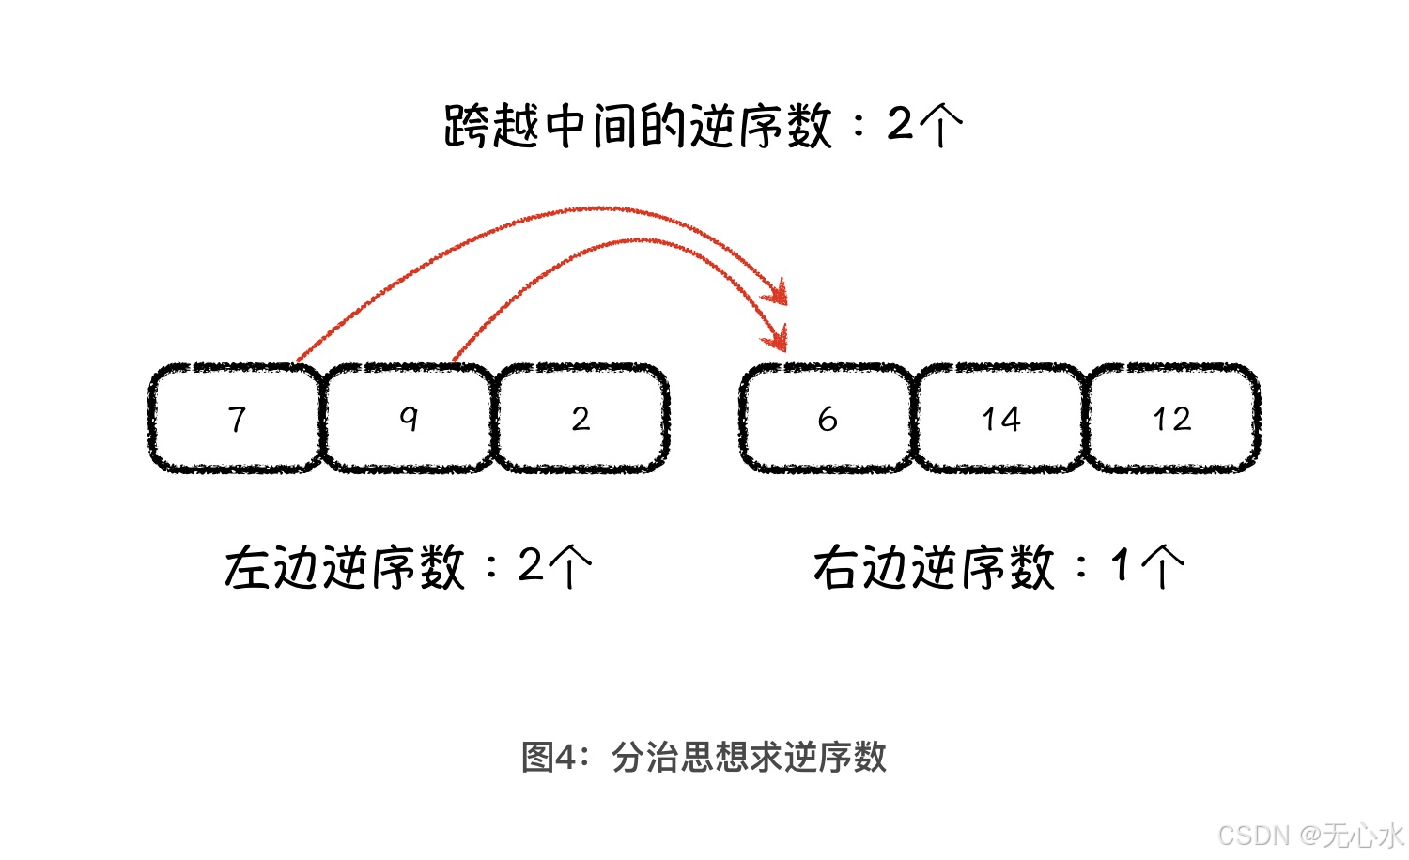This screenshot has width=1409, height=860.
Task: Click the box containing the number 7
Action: [x=236, y=418]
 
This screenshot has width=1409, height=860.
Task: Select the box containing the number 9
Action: [x=408, y=418]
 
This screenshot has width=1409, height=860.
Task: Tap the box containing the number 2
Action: [x=581, y=418]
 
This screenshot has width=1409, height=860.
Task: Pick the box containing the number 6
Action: [x=827, y=418]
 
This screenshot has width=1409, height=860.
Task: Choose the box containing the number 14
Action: [x=1000, y=418]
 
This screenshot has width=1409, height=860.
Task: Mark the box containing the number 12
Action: [x=1172, y=418]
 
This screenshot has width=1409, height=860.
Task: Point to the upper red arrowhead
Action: [x=776, y=292]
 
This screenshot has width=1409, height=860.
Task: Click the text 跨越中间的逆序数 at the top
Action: [x=639, y=126]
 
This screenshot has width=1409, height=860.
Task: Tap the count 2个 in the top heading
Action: [x=925, y=125]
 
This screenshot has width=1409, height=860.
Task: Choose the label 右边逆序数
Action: [x=934, y=568]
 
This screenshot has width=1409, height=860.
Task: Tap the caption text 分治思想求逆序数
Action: [x=749, y=757]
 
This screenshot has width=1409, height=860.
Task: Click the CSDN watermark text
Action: [x=1254, y=834]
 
